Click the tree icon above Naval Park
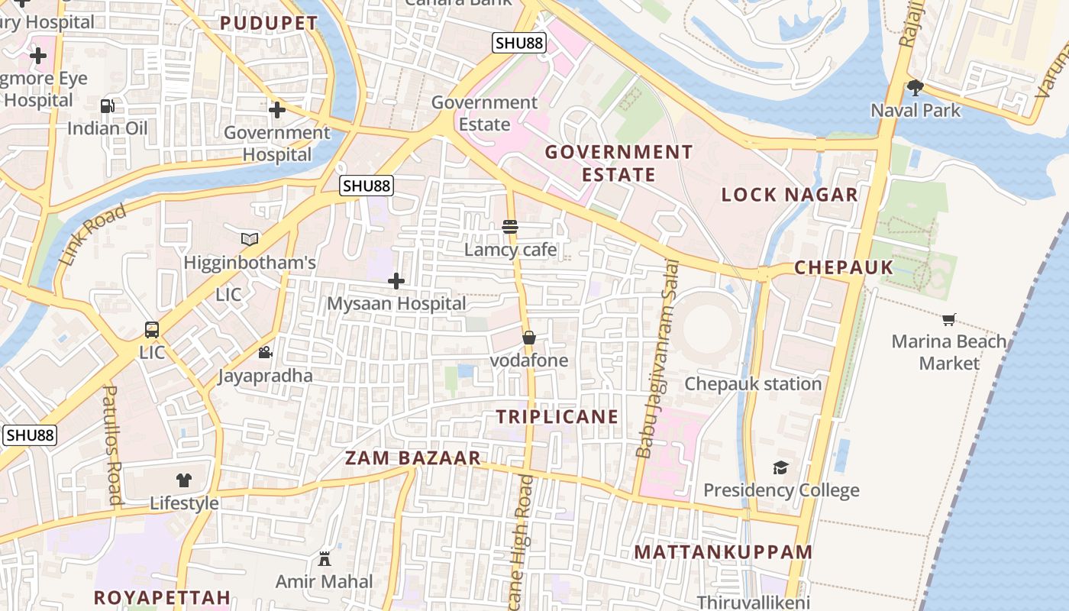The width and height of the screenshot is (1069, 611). coord(915,87)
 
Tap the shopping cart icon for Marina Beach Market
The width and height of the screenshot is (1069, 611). coord(948,319)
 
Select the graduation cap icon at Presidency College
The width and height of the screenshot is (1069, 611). coord(780,467)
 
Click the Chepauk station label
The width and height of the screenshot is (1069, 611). coord(753,383)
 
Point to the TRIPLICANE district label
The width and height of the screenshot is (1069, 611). coord(557,417)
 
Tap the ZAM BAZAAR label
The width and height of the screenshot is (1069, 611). coord(413,458)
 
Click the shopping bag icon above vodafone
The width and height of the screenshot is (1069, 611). coord(528,338)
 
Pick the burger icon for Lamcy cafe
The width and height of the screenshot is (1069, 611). coord(510,227)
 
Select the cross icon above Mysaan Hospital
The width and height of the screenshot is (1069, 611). coord(396,281)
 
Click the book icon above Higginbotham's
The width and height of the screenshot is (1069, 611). coord(250,239)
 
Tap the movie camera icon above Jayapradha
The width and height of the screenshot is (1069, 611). coord(265,352)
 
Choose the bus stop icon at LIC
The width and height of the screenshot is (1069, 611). coord(152,330)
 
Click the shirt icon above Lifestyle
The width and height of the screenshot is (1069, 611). coord(184,480)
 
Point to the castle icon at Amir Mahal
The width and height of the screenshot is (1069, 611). coord(325,558)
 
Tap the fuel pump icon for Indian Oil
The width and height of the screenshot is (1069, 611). coord(108,106)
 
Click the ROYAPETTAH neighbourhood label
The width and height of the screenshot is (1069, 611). coord(162,597)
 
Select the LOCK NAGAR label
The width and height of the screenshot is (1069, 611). coord(790,195)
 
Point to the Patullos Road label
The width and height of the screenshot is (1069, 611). coord(112,445)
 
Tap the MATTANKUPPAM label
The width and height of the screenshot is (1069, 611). coord(723,551)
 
